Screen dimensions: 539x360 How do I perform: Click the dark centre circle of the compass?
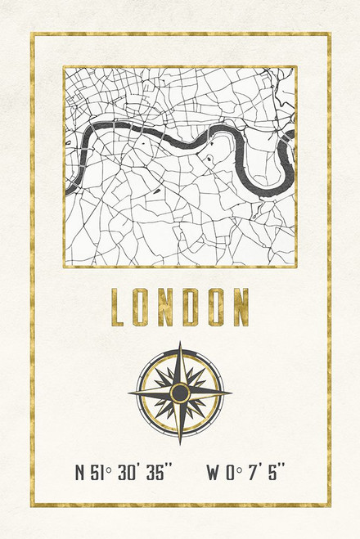(180, 393)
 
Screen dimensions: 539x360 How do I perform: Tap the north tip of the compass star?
(180, 344)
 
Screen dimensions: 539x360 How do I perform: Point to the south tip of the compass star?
(180, 443)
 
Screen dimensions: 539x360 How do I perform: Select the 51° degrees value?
(99, 473)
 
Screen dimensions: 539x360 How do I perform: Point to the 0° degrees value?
(232, 473)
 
